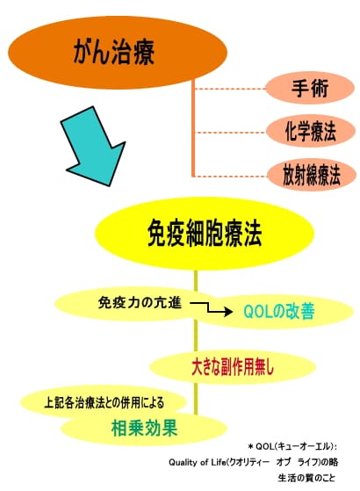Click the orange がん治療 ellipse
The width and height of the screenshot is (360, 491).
[118, 53]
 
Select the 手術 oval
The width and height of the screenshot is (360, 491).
[310, 88]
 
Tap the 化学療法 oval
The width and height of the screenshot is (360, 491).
[311, 131]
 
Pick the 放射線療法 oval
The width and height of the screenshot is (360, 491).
[312, 175]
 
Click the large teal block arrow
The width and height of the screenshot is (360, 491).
[93, 146]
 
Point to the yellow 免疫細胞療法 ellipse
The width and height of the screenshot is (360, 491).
[205, 234]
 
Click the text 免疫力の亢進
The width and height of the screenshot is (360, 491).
[140, 303]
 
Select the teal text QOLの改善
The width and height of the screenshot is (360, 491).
[279, 311]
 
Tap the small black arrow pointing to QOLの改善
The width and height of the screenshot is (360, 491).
[212, 308]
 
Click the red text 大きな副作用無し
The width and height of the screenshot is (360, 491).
[233, 366]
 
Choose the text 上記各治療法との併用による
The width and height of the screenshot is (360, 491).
[104, 402]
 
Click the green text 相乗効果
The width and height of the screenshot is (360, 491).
[145, 428]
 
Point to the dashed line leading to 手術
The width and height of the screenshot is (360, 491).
[230, 89]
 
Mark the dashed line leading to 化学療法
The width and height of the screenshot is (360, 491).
[231, 133]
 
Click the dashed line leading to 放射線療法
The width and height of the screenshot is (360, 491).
[231, 176]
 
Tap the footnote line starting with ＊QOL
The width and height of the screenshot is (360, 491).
[292, 446]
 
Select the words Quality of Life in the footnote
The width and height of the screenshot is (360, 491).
[197, 463]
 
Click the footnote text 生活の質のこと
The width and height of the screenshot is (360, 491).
[306, 478]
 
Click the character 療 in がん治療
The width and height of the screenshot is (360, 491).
[144, 53]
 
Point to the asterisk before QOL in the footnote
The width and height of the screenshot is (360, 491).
[250, 446]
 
